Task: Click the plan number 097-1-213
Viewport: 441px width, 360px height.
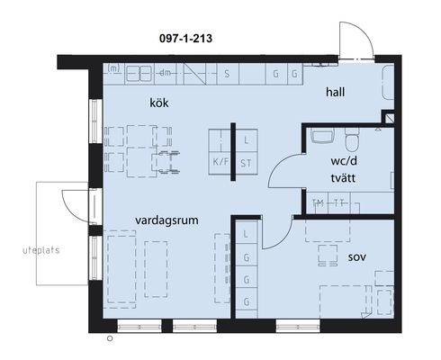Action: pyautogui.click(x=185, y=39)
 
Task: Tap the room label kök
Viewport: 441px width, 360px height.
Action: pyautogui.click(x=159, y=103)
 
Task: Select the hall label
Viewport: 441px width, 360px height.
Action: pyautogui.click(x=335, y=92)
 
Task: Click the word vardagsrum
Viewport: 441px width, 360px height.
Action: pyautogui.click(x=166, y=220)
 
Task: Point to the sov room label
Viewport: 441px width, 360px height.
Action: pyautogui.click(x=357, y=257)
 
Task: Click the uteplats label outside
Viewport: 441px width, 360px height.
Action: pyautogui.click(x=41, y=250)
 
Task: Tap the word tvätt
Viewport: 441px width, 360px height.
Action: pyautogui.click(x=343, y=178)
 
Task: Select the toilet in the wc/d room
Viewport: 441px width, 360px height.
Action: pyautogui.click(x=352, y=139)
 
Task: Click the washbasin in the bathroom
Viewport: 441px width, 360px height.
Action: pyautogui.click(x=322, y=135)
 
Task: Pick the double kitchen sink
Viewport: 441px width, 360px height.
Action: pyautogui.click(x=139, y=74)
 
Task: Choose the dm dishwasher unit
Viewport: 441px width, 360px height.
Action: pyautogui.click(x=165, y=74)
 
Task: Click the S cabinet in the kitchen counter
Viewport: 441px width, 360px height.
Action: pyautogui.click(x=228, y=74)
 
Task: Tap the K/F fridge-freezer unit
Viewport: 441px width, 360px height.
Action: pyautogui.click(x=220, y=162)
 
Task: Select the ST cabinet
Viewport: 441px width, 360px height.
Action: pyautogui.click(x=247, y=163)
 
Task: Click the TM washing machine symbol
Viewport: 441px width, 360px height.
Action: pyautogui.click(x=318, y=203)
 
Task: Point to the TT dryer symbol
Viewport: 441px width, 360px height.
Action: pyautogui.click(x=339, y=203)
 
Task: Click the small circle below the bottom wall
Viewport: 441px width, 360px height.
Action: pyautogui.click(x=110, y=338)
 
